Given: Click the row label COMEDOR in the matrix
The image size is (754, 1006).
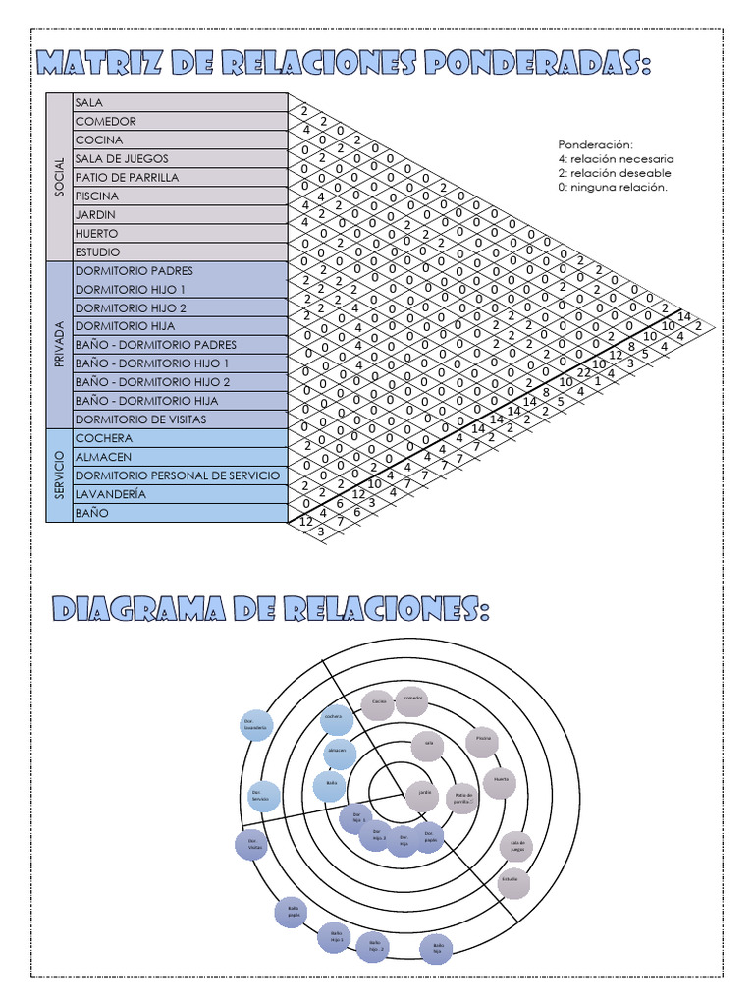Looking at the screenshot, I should pos(106,121).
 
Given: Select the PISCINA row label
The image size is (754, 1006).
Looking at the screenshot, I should pos(97,196).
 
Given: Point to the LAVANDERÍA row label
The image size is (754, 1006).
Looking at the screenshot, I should pos(111,494).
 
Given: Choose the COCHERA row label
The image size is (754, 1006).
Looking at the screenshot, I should pos(103,438).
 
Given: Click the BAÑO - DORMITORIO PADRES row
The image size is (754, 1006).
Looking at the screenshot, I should pos(154,344).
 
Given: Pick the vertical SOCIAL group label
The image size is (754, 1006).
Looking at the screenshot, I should pos(59,177).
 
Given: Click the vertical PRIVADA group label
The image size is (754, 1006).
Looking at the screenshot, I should pos(59,344).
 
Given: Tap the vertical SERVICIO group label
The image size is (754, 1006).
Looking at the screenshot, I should pos(59,475).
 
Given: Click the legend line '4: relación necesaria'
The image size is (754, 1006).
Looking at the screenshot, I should pos(616,158).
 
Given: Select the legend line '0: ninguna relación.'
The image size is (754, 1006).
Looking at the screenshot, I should pos(612,187).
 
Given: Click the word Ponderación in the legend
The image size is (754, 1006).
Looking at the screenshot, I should pos(595,144).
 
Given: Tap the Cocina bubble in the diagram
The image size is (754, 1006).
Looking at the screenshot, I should pos(378,702).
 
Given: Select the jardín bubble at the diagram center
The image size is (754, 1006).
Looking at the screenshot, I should pos(423,792).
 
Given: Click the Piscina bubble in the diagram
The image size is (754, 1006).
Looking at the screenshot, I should pos(483,739).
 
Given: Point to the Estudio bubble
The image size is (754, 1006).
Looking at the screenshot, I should pos(510,879).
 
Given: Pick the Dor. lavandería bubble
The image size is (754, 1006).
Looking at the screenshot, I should pos(256,725).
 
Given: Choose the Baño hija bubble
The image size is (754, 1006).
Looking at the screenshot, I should pos(437,949).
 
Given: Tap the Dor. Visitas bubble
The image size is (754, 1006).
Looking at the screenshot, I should pos(252,844).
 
